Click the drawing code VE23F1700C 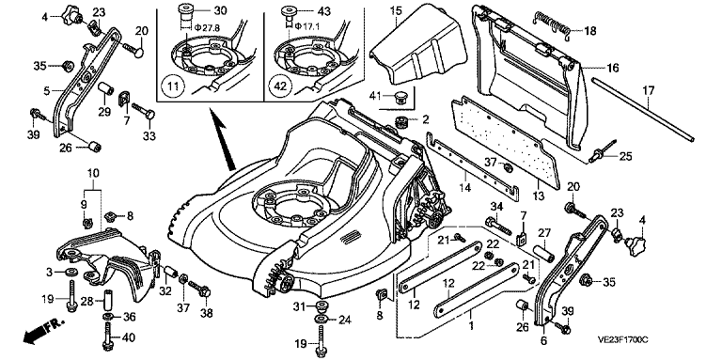pos(623,340)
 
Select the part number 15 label pos(396,8)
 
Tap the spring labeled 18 pos(552,23)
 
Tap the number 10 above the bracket pos(93,174)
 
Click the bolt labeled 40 pos(109,337)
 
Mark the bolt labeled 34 pos(498,225)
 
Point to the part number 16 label pos(612,68)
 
